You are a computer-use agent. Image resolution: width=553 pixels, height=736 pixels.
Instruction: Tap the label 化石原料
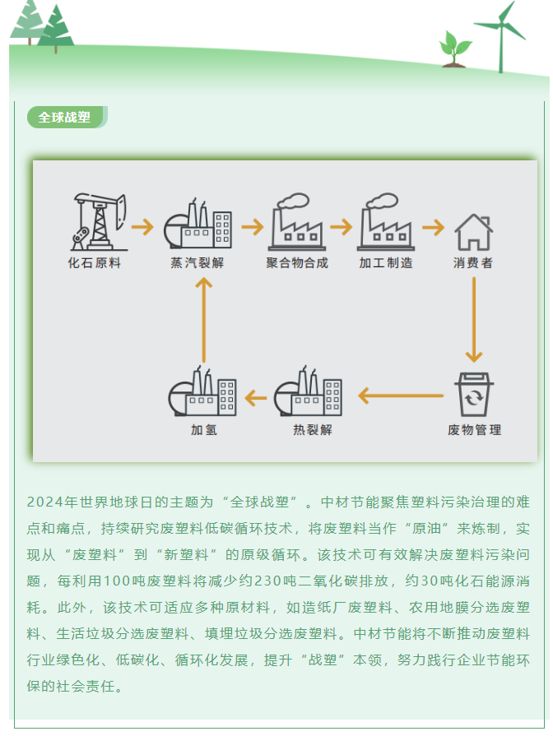click(95, 263)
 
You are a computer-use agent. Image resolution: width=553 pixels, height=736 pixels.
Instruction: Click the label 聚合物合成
click(297, 263)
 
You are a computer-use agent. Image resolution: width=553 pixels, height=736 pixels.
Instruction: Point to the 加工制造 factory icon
click(386, 223)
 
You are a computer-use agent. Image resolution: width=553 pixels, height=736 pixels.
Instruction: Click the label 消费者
click(473, 263)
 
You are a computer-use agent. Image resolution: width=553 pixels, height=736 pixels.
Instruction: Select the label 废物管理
click(474, 430)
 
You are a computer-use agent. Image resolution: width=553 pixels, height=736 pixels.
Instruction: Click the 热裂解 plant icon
click(308, 393)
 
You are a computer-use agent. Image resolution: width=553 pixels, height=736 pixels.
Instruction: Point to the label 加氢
click(203, 430)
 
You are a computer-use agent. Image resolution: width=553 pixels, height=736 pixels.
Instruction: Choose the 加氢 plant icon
click(202, 393)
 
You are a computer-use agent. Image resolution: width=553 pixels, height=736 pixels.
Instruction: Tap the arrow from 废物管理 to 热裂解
click(400, 396)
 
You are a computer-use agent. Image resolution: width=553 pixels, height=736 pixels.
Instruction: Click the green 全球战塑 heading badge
click(66, 118)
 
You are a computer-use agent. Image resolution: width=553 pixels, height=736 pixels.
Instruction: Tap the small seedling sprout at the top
click(454, 48)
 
